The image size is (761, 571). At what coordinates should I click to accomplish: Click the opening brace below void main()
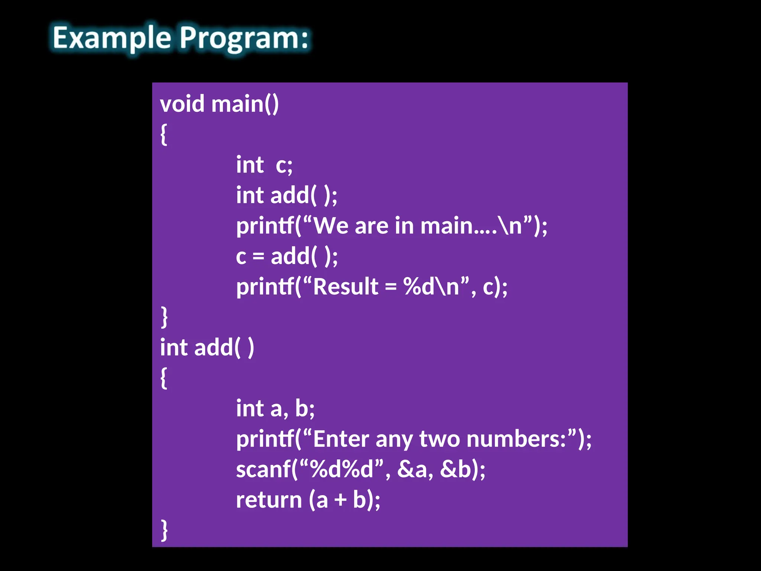pyautogui.click(x=163, y=135)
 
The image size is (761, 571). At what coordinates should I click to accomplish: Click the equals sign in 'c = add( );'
pyautogui.click(x=258, y=257)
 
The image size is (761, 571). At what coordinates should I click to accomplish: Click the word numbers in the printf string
pyautogui.click(x=515, y=439)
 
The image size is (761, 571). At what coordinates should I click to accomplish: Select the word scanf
pyautogui.click(x=263, y=469)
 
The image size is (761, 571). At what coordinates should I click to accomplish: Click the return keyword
pyautogui.click(x=269, y=500)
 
